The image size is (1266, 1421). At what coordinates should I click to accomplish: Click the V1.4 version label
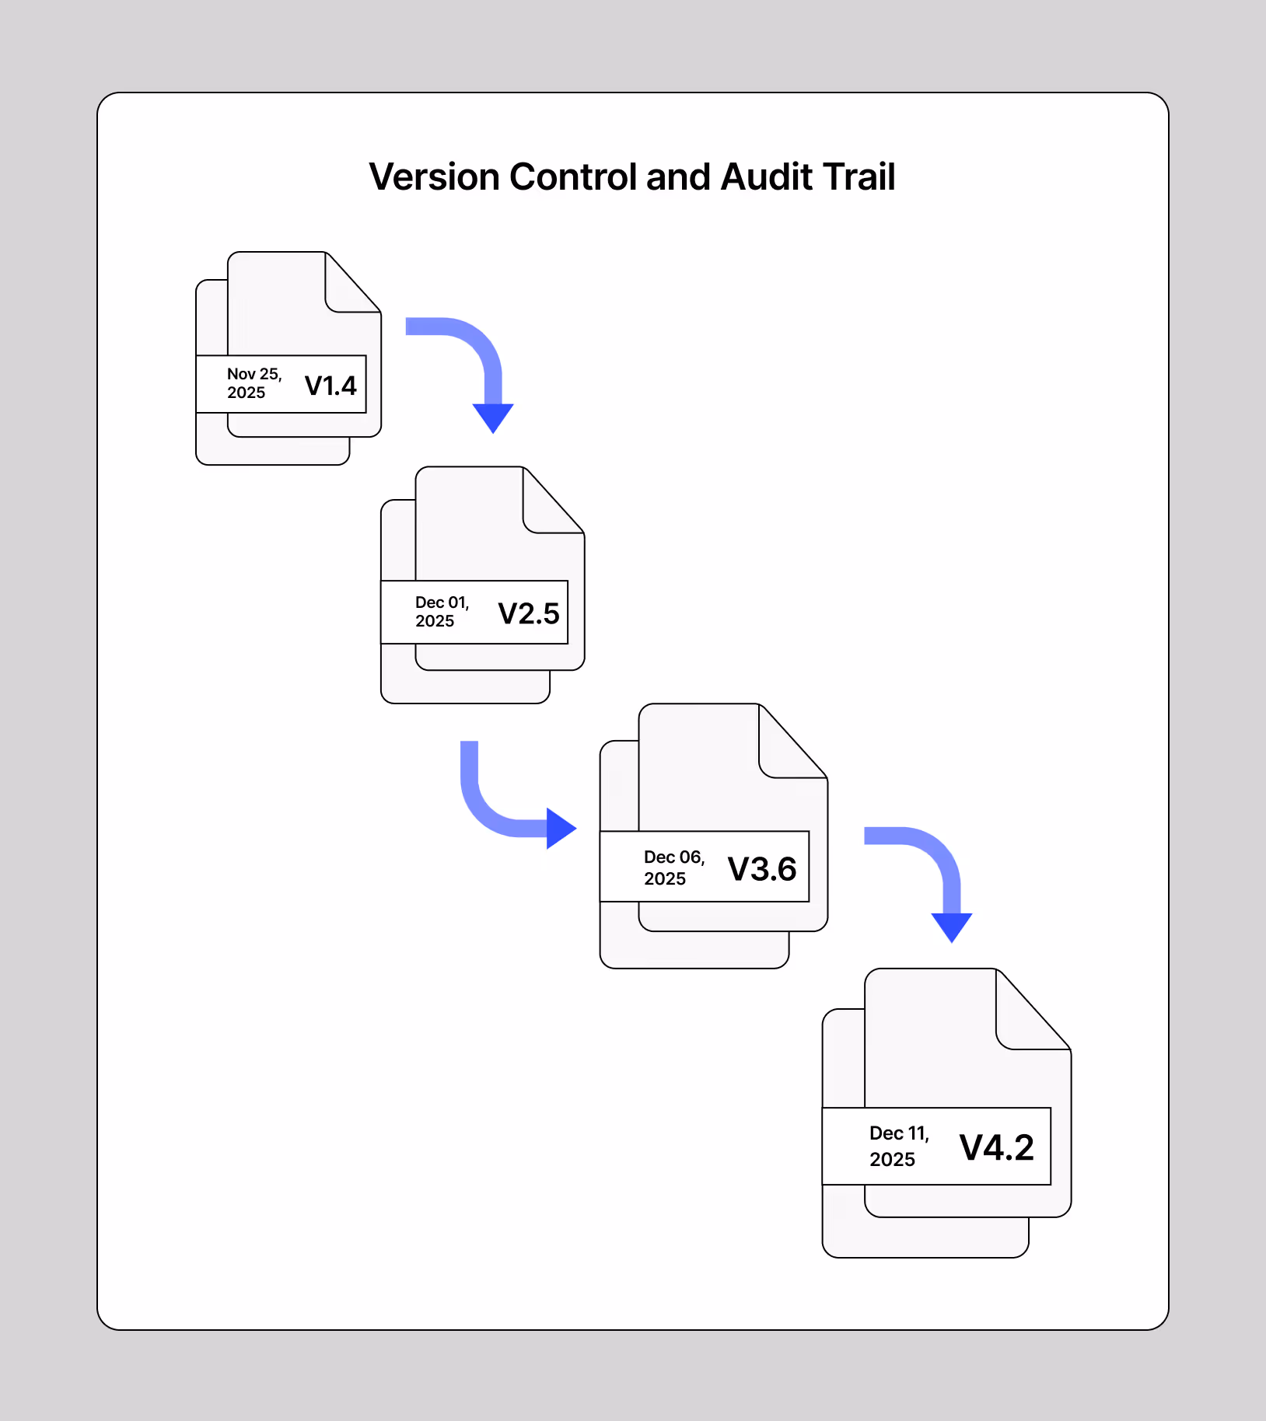[330, 386]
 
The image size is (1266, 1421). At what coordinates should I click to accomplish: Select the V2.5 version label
[529, 613]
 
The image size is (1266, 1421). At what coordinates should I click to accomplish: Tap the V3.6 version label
[762, 869]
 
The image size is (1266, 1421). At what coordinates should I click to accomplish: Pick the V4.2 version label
[997, 1147]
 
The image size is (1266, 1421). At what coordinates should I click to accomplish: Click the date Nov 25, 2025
[254, 383]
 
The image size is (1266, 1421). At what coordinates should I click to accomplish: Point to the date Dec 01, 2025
[442, 612]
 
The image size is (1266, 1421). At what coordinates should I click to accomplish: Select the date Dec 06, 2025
[673, 868]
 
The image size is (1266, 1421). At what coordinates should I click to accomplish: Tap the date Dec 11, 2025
[899, 1146]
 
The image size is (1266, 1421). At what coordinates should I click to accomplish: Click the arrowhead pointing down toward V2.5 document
[493, 417]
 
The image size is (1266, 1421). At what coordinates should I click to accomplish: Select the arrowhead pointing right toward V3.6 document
[560, 828]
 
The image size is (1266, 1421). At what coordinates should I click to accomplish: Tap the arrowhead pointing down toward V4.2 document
[952, 926]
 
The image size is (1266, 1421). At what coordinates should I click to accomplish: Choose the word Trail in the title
[859, 177]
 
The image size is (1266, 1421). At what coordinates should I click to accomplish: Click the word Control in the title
[573, 177]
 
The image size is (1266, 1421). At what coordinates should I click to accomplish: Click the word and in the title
[678, 177]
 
